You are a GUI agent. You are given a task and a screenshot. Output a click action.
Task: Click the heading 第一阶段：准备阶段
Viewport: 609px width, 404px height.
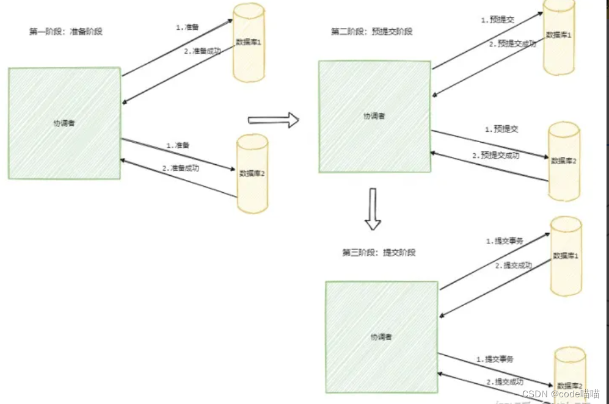pyautogui.click(x=66, y=31)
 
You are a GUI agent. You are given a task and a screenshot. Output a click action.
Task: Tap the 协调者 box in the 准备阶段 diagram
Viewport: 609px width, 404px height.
pyautogui.click(x=64, y=123)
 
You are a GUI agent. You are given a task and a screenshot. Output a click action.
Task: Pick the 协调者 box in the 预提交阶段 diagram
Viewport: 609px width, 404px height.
pyautogui.click(x=374, y=116)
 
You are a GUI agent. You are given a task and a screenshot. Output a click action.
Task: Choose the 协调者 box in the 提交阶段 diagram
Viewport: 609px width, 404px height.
pyautogui.click(x=381, y=337)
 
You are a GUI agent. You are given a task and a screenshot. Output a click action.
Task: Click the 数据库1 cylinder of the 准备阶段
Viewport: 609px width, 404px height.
pyautogui.click(x=249, y=42)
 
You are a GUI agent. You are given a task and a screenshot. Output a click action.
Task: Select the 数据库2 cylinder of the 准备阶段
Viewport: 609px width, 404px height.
pyautogui.click(x=252, y=173)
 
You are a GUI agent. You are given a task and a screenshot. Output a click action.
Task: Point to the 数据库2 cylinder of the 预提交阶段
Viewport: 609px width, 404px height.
pyautogui.click(x=563, y=161)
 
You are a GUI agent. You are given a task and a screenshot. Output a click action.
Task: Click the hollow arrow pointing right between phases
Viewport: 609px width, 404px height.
pyautogui.click(x=273, y=120)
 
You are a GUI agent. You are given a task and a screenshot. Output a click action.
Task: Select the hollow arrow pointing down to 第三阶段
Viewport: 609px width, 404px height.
pyautogui.click(x=373, y=209)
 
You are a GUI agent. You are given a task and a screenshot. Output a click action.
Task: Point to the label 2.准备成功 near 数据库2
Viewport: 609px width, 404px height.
pyautogui.click(x=181, y=168)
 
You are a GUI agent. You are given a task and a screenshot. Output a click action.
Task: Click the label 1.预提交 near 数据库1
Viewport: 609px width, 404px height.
pyautogui.click(x=498, y=20)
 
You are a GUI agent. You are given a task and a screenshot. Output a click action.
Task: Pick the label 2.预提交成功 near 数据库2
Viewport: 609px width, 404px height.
pyautogui.click(x=495, y=156)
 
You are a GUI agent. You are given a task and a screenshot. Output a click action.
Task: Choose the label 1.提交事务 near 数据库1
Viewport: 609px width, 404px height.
pyautogui.click(x=505, y=241)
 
